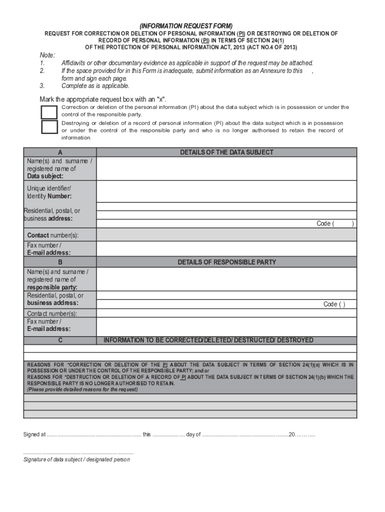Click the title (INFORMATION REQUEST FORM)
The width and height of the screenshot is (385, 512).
coord(186,25)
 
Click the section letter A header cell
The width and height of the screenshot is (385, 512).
coord(60,152)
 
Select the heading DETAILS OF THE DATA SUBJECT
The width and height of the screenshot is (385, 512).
coord(226,152)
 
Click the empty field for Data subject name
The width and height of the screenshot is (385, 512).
coord(226,168)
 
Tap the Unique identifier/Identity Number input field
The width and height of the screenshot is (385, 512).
coord(226,191)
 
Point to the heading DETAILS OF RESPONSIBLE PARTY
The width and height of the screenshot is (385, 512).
coord(226,262)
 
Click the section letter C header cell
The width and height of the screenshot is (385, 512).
coord(60,340)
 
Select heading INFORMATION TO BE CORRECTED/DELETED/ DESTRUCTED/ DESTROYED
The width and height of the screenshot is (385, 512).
coord(208,340)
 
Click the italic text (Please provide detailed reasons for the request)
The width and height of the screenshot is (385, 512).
coord(82,389)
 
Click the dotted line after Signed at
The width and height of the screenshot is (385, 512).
coord(94,434)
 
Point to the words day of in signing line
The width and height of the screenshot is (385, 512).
coord(193,434)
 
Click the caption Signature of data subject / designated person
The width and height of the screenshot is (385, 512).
coord(76,459)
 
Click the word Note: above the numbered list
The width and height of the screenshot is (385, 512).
coord(47,55)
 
